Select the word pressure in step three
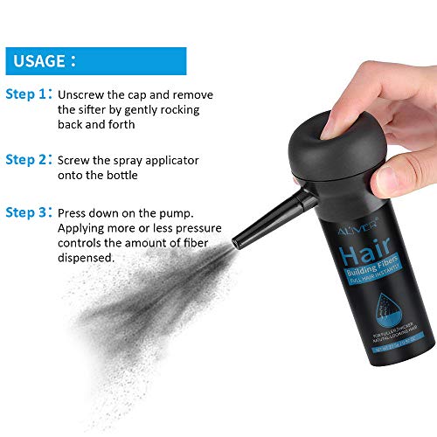[197, 228]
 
